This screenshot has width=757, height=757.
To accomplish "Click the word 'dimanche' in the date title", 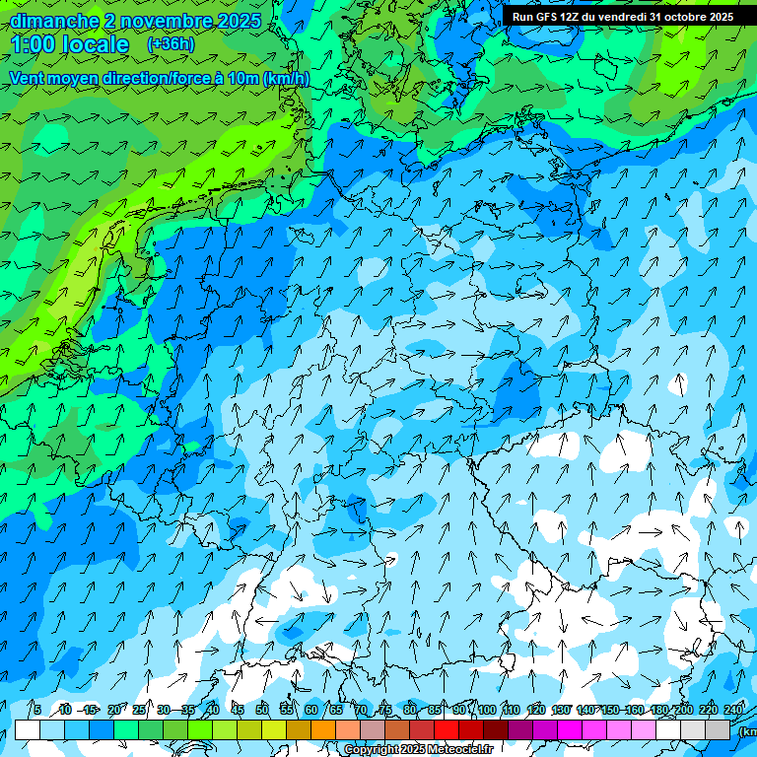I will coord(54,21).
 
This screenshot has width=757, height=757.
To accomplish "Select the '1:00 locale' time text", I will coord(70,44).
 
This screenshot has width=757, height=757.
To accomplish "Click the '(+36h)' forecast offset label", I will coord(171,44).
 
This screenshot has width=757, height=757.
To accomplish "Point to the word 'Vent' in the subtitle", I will coord(29,79).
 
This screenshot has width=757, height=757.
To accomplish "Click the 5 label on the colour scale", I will coord(36,710).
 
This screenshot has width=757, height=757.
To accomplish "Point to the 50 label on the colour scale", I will coord(262,710).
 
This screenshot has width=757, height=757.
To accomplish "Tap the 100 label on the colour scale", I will coord(486,710).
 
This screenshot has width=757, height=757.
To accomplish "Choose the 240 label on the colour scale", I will coord(733,710).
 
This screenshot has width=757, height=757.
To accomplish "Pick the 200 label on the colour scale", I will coord(683,710).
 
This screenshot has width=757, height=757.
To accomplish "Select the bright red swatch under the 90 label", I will coord(447,729).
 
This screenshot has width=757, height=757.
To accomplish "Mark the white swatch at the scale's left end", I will coord(28,729).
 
